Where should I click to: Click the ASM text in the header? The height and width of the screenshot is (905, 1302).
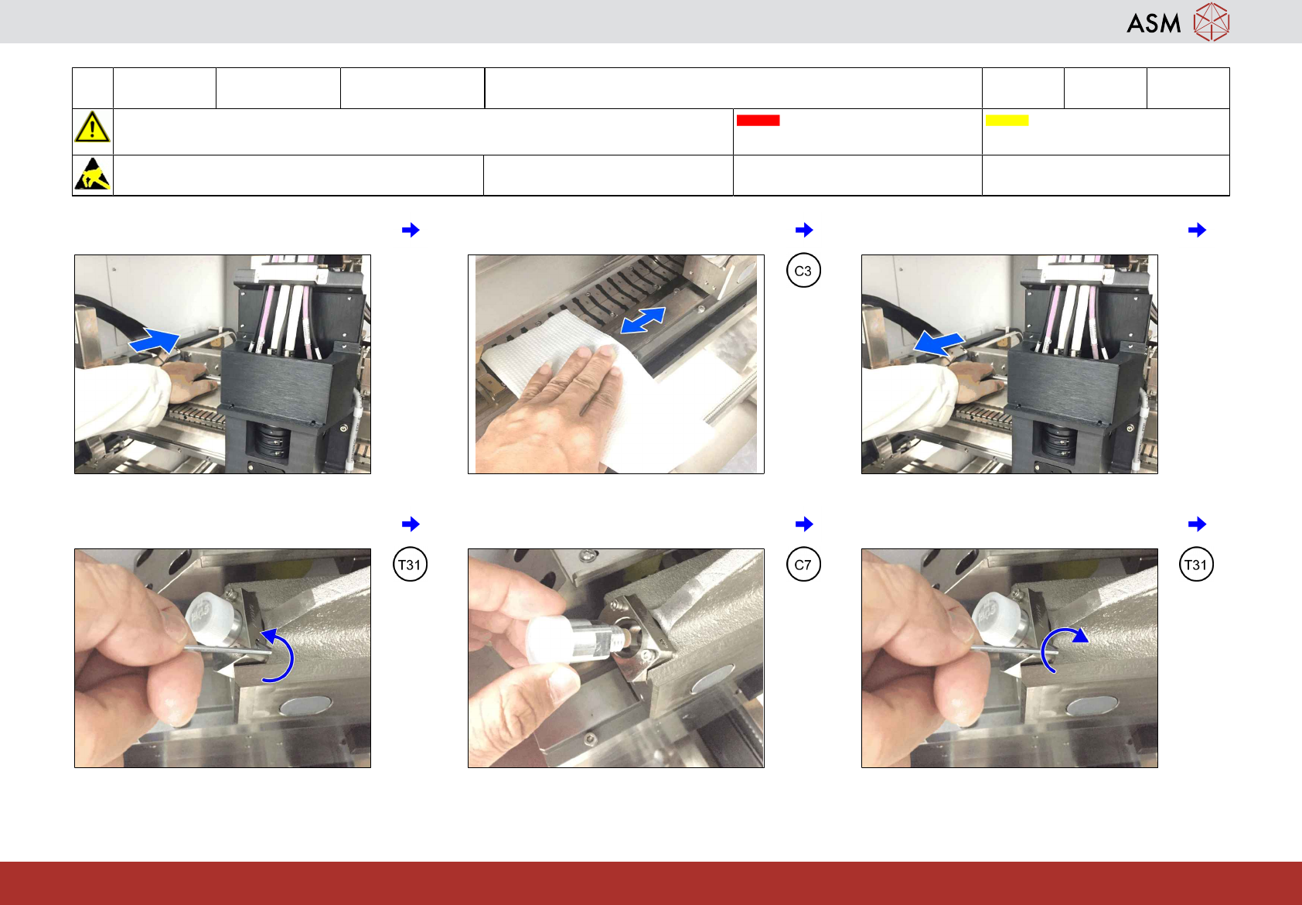click(x=1154, y=23)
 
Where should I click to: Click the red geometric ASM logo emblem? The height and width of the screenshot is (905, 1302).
click(x=1212, y=22)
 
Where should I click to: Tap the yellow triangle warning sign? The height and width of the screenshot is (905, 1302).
click(x=92, y=127)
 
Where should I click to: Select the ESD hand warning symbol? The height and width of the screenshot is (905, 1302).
click(x=92, y=174)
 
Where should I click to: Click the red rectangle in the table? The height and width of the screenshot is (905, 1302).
click(x=758, y=121)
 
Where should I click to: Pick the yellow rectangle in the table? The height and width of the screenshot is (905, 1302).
click(x=1007, y=121)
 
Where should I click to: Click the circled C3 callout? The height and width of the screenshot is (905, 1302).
click(x=803, y=271)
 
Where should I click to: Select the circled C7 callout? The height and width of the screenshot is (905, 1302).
click(x=803, y=564)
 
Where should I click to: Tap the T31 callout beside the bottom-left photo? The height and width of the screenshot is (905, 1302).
click(x=410, y=564)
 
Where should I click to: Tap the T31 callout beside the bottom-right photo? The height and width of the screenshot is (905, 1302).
click(x=1196, y=564)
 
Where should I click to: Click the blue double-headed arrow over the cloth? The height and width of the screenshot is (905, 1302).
click(x=642, y=320)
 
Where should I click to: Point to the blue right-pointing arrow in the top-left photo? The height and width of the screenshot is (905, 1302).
click(x=154, y=341)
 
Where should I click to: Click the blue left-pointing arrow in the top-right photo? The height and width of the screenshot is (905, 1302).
click(x=939, y=343)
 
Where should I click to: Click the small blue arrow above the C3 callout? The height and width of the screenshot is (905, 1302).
click(x=804, y=230)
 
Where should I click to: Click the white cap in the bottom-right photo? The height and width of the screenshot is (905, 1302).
click(x=995, y=616)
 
